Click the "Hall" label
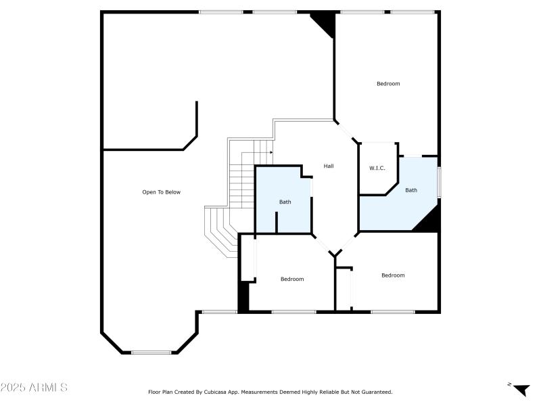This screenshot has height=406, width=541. (329, 166)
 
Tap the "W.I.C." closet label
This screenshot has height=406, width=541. (377, 168)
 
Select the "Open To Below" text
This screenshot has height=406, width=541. (161, 192)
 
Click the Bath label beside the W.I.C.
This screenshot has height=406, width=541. (411, 190)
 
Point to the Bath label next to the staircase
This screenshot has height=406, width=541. (285, 202)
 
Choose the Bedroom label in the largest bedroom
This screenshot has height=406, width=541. (388, 84)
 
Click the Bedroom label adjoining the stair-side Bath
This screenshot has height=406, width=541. (292, 279)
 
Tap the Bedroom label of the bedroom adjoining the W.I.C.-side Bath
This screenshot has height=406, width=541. (393, 275)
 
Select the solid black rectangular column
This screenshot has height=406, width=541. (243, 296)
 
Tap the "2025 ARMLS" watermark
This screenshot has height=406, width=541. (34, 388)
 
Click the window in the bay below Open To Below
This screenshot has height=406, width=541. (151, 352)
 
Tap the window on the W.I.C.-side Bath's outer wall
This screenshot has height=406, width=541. (439, 183)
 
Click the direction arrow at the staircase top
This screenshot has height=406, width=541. (270, 152)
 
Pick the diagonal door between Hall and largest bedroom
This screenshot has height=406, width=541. (346, 131)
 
